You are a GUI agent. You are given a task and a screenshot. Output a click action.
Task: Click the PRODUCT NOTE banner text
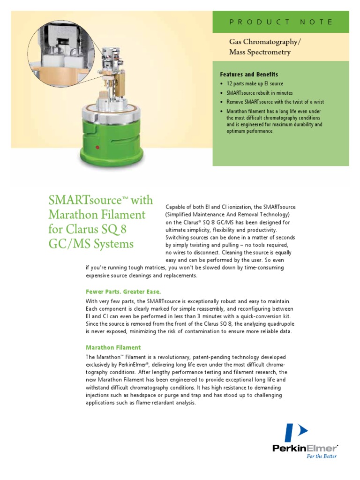click(x=281, y=22)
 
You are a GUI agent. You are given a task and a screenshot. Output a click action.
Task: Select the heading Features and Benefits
click(x=249, y=75)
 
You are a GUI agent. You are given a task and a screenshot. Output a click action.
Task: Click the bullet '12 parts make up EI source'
click(x=255, y=84)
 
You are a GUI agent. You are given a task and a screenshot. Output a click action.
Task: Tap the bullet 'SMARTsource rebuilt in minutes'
click(x=259, y=93)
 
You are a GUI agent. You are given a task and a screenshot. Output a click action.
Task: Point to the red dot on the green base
click(x=97, y=148)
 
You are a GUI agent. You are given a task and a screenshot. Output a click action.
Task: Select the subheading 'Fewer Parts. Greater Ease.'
click(x=123, y=291)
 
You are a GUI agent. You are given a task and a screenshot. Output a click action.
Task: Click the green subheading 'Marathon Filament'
click(x=113, y=347)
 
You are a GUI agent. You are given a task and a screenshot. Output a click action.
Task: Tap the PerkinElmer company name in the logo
click(x=305, y=448)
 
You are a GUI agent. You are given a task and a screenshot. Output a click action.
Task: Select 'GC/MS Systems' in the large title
click(x=91, y=244)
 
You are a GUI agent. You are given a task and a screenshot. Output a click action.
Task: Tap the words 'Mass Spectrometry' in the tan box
click(x=260, y=52)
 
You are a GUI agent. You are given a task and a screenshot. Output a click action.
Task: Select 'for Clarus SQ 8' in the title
click(x=87, y=230)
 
